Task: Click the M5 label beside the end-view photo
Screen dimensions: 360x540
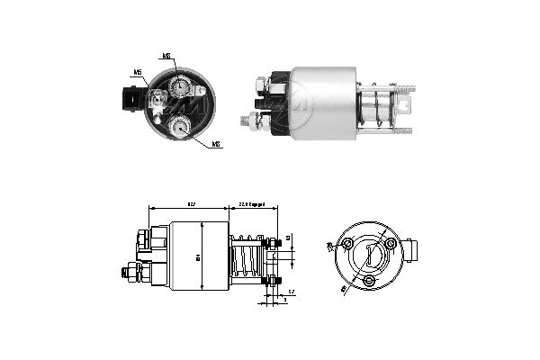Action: pyautogui.click(x=138, y=71)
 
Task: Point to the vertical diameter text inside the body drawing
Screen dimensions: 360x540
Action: pyautogui.click(x=197, y=257)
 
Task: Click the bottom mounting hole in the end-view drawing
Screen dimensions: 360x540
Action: pyautogui.click(x=369, y=282)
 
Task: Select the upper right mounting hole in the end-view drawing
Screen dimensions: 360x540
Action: pyautogui.click(x=390, y=244)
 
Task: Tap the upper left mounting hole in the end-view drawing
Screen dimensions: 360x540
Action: pyautogui.click(x=346, y=244)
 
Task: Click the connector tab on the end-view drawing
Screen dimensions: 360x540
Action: pyautogui.click(x=412, y=248)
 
